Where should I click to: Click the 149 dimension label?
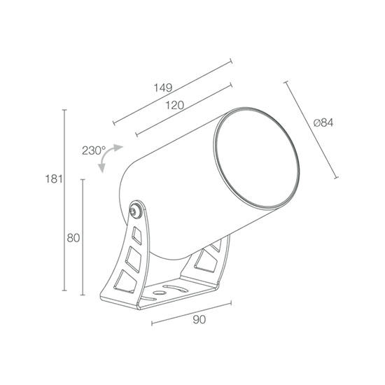click(x=163, y=87)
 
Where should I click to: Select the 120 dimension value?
click(x=174, y=105)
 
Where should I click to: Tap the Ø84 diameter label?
click(x=323, y=122)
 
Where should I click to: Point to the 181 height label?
click(x=53, y=179)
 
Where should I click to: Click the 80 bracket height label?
click(x=73, y=238)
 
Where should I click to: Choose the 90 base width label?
click(x=199, y=320)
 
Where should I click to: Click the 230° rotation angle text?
click(x=94, y=150)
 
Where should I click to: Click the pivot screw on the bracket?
click(x=136, y=209)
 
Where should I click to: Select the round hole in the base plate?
click(x=159, y=293)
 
